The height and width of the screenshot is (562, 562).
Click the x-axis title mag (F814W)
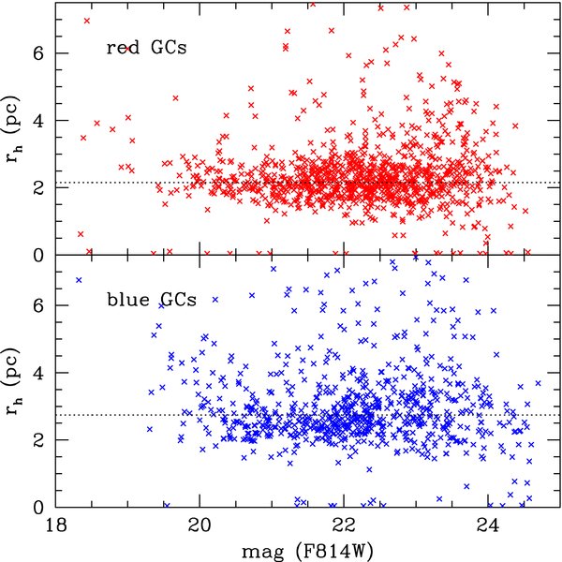point(307,551)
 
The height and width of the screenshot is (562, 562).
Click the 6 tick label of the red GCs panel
point(38,53)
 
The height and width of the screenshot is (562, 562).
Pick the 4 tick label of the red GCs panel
point(38,121)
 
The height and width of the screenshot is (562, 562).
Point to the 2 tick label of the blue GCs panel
point(38,440)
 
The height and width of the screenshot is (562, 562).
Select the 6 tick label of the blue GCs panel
point(38,305)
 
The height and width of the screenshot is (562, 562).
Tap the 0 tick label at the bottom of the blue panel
point(38,508)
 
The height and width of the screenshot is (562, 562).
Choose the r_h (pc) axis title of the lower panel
point(14,381)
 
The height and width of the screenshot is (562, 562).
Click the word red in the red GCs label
point(123,49)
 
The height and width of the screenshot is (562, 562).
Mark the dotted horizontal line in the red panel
point(308,183)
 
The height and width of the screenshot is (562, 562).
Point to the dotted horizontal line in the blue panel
point(308,415)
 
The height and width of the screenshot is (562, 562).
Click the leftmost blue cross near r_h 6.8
point(79,280)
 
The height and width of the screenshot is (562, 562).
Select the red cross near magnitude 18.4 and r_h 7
point(87,21)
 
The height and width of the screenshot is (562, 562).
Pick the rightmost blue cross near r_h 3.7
point(538,383)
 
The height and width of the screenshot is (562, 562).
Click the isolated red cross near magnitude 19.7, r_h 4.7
point(175,98)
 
